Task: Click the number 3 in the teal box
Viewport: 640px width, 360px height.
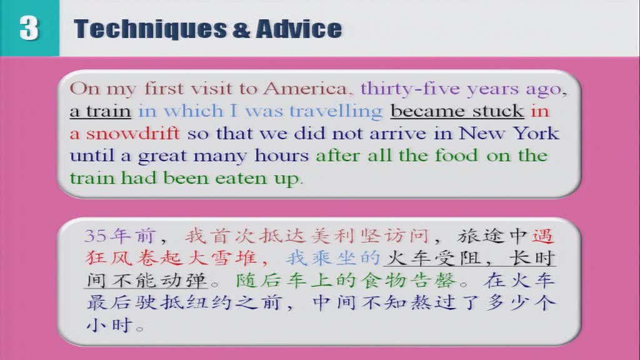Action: (29, 27)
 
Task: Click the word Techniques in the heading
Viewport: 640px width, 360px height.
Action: (150, 29)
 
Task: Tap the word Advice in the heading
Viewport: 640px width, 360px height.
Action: (299, 29)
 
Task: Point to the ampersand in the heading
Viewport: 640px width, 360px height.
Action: (241, 29)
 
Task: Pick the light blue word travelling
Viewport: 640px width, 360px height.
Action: (336, 111)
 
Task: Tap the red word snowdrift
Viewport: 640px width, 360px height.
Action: (132, 133)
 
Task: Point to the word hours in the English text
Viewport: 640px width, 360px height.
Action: (281, 156)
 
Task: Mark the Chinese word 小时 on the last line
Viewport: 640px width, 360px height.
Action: (109, 325)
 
